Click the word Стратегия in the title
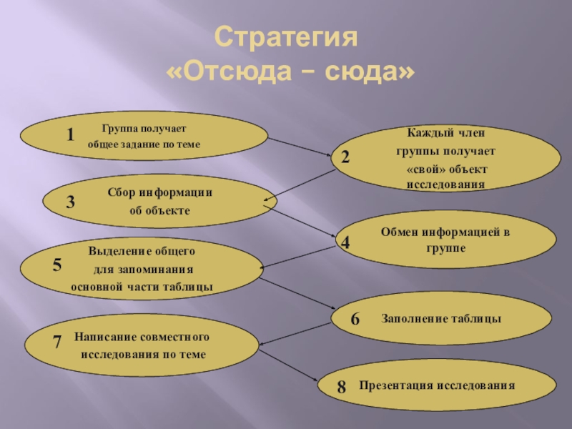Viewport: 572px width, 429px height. [285, 38]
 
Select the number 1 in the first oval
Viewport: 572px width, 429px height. [70, 134]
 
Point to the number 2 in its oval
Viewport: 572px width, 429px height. [345, 157]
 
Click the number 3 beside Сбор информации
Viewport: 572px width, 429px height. [70, 202]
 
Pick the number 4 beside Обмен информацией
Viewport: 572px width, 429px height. [345, 242]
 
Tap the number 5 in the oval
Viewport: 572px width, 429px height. [57, 265]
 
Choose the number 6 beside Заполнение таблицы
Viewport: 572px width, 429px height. [355, 319]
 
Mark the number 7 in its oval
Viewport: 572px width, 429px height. [57, 342]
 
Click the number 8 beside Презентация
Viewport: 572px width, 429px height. [342, 387]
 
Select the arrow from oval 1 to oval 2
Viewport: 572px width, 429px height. [299, 147]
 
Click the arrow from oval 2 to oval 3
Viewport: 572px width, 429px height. [299, 185]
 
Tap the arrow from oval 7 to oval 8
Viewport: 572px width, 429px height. [288, 365]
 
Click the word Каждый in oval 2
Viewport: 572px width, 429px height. [423, 133]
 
